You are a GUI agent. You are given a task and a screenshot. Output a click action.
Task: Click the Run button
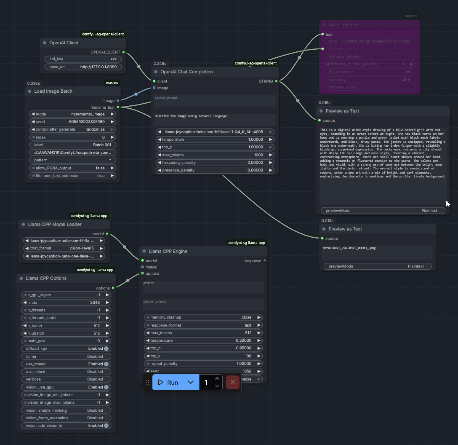point(168,382)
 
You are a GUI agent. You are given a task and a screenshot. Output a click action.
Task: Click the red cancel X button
point(233,382)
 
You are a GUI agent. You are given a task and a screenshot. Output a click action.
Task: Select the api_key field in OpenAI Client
point(83,59)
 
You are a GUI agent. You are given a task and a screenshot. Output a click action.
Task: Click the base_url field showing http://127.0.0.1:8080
point(83,67)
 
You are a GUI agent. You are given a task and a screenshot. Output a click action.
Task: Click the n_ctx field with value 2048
point(66,303)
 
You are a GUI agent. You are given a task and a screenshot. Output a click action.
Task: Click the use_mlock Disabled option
point(66,372)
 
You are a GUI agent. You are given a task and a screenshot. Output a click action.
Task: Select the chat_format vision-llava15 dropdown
point(66,248)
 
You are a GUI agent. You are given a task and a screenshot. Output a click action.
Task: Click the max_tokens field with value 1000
point(215,155)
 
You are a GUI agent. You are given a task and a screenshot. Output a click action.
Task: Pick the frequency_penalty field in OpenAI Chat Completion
point(215,163)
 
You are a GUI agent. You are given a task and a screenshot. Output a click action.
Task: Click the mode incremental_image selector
point(73,114)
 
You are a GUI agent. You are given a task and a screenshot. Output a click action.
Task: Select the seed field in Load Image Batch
point(73,122)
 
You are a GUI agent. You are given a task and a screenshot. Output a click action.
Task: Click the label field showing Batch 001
point(73,145)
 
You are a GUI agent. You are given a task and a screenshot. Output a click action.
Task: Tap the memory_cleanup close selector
point(203,317)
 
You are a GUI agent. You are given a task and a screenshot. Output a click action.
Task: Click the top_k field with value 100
point(203,356)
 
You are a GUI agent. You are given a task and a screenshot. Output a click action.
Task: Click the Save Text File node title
point(343,24)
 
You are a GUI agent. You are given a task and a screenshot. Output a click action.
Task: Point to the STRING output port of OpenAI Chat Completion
point(276,81)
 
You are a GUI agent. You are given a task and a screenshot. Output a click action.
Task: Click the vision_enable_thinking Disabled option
point(66,410)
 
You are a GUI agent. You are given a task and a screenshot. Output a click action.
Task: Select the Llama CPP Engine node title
point(168,251)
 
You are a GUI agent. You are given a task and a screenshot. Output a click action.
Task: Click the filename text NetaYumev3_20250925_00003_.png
point(349,248)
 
